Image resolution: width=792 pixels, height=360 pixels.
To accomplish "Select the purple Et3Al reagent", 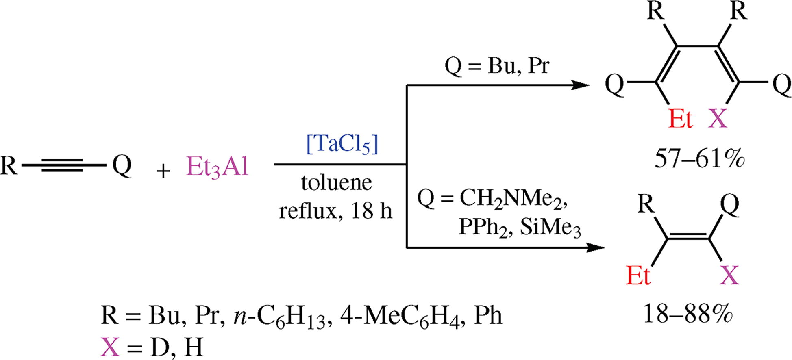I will (217, 167).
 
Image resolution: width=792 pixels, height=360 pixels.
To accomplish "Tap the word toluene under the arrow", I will (337, 183).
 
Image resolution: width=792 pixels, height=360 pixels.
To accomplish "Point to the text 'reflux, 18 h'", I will (336, 211).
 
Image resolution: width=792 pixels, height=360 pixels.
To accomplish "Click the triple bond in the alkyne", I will (63, 166).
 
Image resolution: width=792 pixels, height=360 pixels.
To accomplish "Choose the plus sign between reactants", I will (163, 171).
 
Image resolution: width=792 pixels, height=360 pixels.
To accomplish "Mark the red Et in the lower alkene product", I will (638, 276).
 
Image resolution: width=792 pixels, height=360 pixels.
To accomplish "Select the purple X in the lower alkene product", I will (729, 276).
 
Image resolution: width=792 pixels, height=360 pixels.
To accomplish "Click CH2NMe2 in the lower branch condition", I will (513, 199).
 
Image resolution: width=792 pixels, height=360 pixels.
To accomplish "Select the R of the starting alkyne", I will (9, 166).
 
